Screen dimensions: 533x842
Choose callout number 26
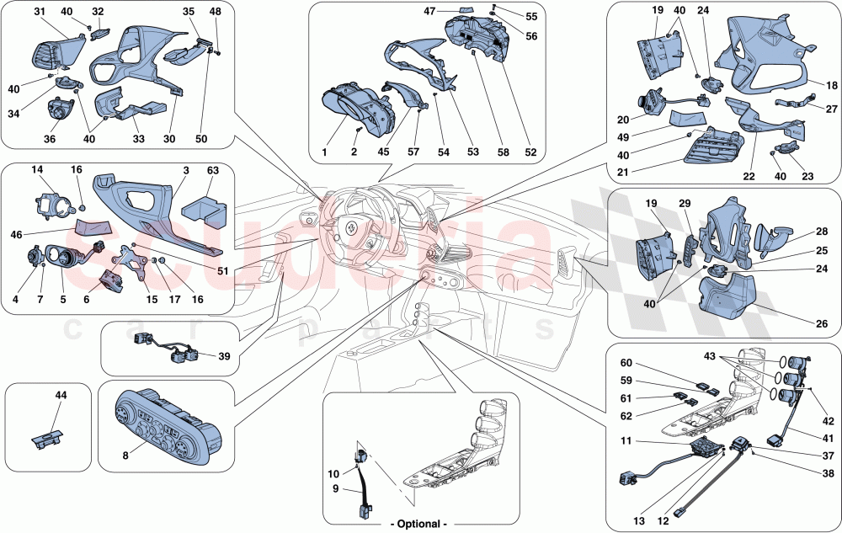pos(821,322)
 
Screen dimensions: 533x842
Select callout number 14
pos(39,170)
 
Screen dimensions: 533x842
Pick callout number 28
pos(820,230)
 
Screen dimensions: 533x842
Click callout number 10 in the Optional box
pos(333,474)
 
